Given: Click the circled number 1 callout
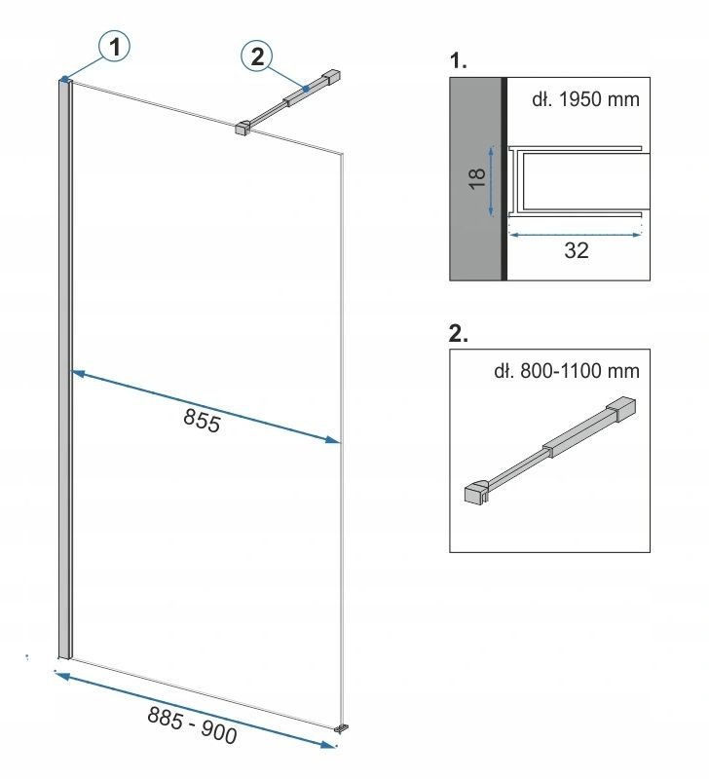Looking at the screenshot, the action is click(114, 47).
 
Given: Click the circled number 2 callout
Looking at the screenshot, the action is click(256, 56).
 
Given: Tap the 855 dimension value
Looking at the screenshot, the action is click(202, 421).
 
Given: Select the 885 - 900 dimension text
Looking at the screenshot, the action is click(192, 724).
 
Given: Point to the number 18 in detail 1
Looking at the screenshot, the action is click(477, 179).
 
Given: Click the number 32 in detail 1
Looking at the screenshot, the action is click(577, 250).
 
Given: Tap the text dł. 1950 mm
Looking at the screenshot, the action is click(585, 99).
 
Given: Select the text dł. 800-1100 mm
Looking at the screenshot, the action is click(567, 371).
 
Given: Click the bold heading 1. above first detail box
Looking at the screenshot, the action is click(458, 60).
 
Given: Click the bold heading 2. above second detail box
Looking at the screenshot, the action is click(458, 333).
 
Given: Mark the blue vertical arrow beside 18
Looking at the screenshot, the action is click(492, 181).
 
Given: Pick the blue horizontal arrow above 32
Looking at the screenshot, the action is click(576, 235).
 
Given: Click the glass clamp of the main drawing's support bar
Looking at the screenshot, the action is click(243, 128).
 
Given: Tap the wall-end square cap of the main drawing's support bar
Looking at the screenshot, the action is click(331, 78).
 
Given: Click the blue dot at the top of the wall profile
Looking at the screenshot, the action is click(64, 79).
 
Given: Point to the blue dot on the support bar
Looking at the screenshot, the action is click(306, 89).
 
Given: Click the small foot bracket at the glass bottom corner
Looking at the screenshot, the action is click(341, 728).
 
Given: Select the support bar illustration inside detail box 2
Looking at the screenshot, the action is click(550, 450).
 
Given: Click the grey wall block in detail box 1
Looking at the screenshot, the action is click(475, 179).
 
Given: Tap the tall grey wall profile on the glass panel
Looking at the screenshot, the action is click(65, 369).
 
